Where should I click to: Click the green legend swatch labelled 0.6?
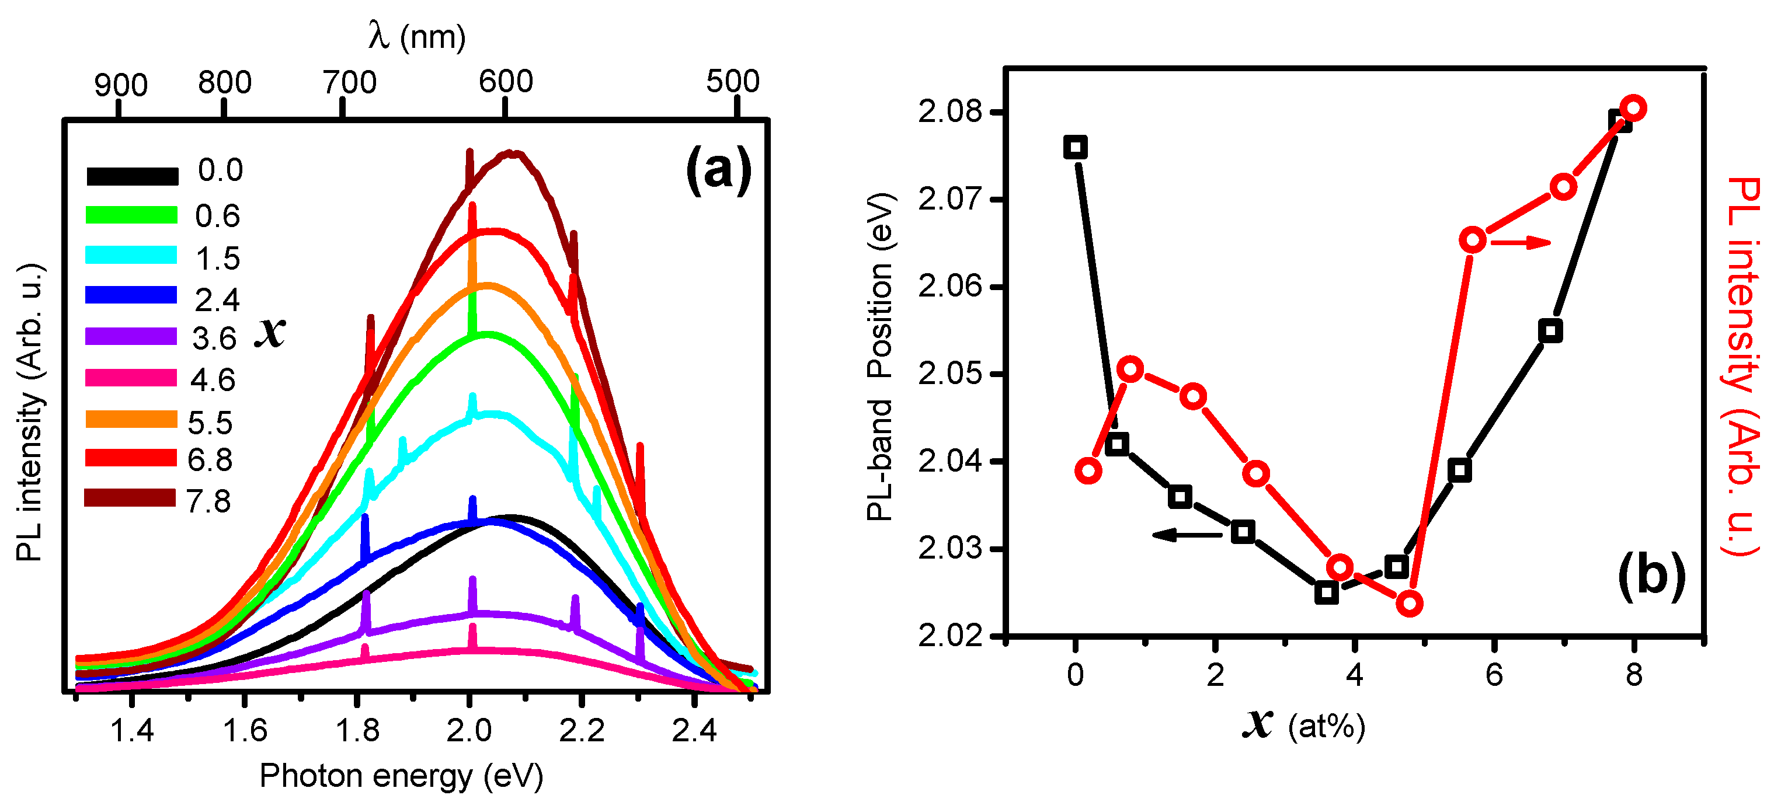click(131, 214)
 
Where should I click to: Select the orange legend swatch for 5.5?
click(131, 419)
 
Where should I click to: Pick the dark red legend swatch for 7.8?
click(130, 498)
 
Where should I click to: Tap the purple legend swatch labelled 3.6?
click(131, 336)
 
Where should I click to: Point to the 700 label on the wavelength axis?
click(349, 82)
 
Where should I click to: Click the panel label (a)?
click(718, 169)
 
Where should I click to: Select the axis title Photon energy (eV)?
click(401, 775)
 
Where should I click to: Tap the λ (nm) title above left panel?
click(416, 36)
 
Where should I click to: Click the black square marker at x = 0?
click(1075, 147)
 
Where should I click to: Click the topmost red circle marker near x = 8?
click(1633, 108)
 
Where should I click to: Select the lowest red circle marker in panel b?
click(1410, 604)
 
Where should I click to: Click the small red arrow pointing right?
click(1520, 242)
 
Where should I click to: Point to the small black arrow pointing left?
click(1187, 534)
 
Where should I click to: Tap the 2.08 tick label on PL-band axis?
click(950, 111)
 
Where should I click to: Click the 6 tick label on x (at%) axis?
click(1494, 674)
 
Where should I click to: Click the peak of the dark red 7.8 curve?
click(512, 154)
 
